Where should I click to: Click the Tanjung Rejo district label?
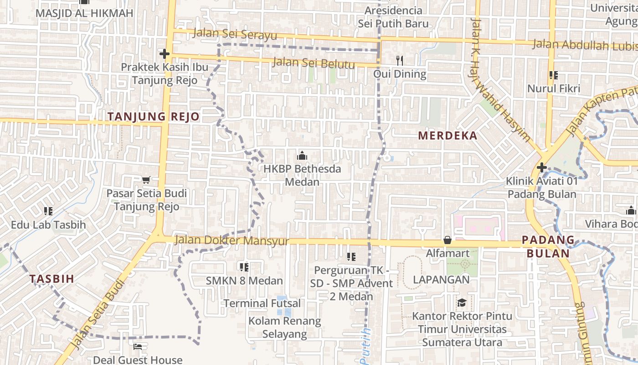pyautogui.click(x=154, y=116)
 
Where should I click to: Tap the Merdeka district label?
pyautogui.click(x=448, y=136)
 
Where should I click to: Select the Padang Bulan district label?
pyautogui.click(x=548, y=246)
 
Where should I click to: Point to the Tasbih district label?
pyautogui.click(x=51, y=279)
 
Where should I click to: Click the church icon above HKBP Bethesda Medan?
pyautogui.click(x=302, y=156)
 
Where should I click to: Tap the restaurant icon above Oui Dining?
pyautogui.click(x=400, y=60)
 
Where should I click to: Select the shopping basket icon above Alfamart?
pyautogui.click(x=448, y=240)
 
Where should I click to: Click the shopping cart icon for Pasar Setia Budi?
pyautogui.click(x=146, y=180)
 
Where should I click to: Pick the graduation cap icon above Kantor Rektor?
pyautogui.click(x=462, y=302)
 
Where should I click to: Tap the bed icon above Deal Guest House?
pyautogui.click(x=137, y=347)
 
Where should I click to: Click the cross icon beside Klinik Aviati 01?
pyautogui.click(x=541, y=167)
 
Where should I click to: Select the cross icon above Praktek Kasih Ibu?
pyautogui.click(x=164, y=54)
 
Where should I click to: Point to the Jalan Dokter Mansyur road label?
pyautogui.click(x=232, y=240)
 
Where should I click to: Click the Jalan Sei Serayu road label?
pyautogui.click(x=235, y=34)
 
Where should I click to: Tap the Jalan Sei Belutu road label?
pyautogui.click(x=314, y=63)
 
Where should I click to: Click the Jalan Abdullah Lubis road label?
pyautogui.click(x=584, y=45)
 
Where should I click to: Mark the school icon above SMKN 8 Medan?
pyautogui.click(x=244, y=267)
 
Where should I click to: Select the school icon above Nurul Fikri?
pyautogui.click(x=554, y=75)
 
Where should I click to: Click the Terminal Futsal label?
pyautogui.click(x=262, y=303)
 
